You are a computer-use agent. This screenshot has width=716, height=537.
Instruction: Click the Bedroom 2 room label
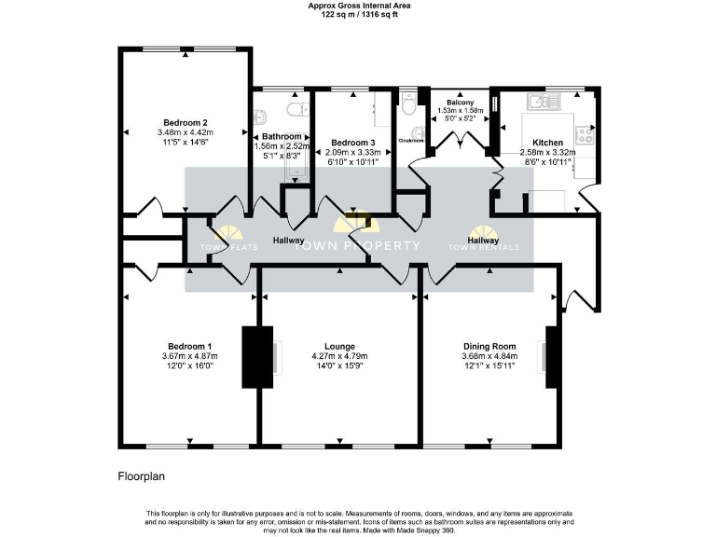[185, 123]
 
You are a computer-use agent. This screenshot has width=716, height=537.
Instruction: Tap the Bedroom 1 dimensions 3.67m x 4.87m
[190, 356]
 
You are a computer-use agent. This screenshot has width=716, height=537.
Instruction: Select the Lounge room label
[339, 346]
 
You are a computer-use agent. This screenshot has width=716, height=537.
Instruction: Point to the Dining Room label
[489, 346]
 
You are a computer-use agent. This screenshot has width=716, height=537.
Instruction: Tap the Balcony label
[460, 102]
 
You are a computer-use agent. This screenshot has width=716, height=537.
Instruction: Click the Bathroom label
[282, 136]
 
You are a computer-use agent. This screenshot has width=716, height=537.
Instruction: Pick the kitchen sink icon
[540, 100]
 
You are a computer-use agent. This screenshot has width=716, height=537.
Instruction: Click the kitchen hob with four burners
[585, 136]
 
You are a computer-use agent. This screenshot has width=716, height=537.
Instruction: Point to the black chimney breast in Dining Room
[553, 357]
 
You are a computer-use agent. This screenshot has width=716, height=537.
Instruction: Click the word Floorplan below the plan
[141, 476]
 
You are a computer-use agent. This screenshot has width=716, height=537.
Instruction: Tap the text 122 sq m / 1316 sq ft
[358, 15]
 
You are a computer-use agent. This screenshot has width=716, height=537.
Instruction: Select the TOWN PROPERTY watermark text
[358, 246]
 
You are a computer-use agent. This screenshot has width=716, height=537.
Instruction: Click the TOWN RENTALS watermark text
[484, 247]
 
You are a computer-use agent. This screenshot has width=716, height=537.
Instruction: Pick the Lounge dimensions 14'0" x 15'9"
[339, 366]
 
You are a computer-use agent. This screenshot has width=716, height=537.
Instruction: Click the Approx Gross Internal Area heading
[358, 6]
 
